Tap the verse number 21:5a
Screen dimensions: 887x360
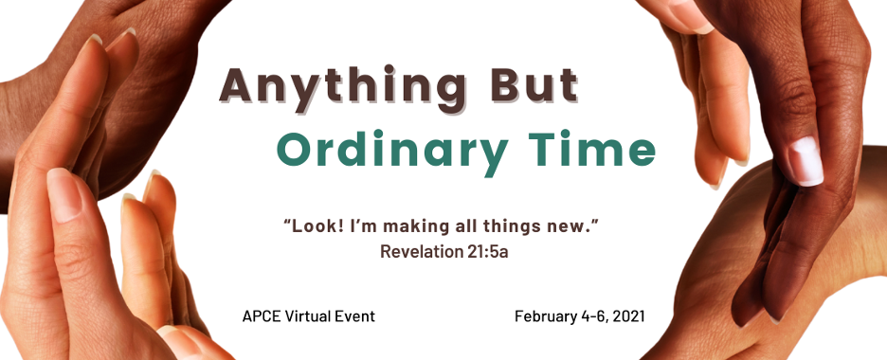[x=488, y=251]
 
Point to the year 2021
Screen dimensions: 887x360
[x=629, y=315]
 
